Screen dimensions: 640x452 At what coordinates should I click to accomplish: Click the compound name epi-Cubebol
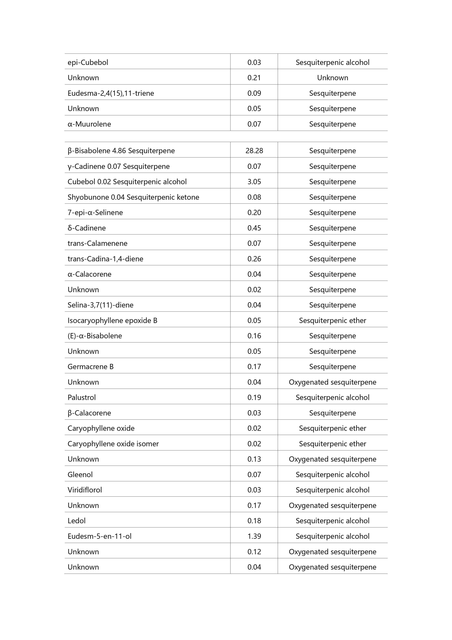[x=88, y=62]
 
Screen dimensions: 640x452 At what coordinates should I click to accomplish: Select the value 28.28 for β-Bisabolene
[x=254, y=151]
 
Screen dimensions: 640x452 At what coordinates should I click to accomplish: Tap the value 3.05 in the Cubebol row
[x=254, y=182]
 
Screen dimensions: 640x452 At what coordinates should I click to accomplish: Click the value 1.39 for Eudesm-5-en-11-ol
[x=254, y=536]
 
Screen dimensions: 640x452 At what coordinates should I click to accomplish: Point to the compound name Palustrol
[x=82, y=397]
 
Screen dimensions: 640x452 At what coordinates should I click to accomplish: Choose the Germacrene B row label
[x=91, y=367]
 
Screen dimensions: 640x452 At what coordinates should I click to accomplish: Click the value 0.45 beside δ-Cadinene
[x=254, y=228]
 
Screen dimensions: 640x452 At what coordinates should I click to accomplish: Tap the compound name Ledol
[x=77, y=521]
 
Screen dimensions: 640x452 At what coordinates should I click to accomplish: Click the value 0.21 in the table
[x=254, y=78]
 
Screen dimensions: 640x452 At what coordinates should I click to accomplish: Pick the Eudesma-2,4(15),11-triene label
[x=111, y=93]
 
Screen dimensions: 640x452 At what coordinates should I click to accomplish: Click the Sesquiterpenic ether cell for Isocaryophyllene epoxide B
[x=332, y=321]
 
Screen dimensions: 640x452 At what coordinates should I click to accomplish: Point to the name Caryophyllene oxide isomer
[x=113, y=444]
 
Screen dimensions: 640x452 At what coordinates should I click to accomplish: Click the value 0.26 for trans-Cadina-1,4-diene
[x=254, y=259]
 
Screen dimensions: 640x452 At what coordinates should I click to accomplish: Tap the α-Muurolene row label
[x=89, y=124]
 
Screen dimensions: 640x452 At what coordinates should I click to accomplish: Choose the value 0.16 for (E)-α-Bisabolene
[x=254, y=336]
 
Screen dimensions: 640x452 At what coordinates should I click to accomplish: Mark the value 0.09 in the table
[x=254, y=93]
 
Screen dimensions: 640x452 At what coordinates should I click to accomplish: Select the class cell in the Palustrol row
[x=332, y=397]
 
